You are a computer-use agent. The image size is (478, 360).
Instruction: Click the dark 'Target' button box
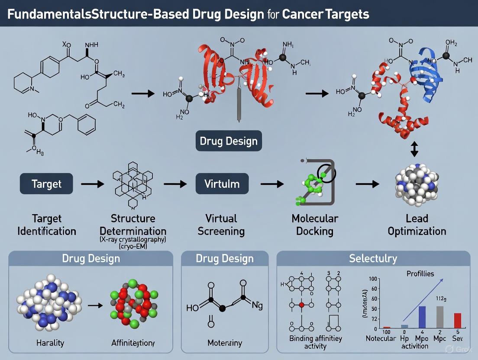tap(46, 184)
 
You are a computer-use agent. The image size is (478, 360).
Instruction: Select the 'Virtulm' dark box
tap(222, 184)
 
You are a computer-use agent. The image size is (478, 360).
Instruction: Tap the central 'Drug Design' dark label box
tap(228, 141)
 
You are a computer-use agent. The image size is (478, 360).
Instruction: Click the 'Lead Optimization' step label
tap(417, 225)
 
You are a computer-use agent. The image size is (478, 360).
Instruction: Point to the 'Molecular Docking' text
tap(314, 225)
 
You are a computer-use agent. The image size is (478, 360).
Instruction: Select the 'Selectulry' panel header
tap(373, 259)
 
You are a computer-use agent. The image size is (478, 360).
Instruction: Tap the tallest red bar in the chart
tap(458, 321)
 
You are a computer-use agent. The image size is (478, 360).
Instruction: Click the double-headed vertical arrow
tap(414, 150)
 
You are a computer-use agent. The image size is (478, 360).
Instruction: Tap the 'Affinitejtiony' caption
tap(132, 343)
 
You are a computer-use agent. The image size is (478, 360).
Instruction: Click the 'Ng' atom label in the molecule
tap(257, 306)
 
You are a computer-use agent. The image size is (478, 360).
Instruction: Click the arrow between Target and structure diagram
tap(92, 184)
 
